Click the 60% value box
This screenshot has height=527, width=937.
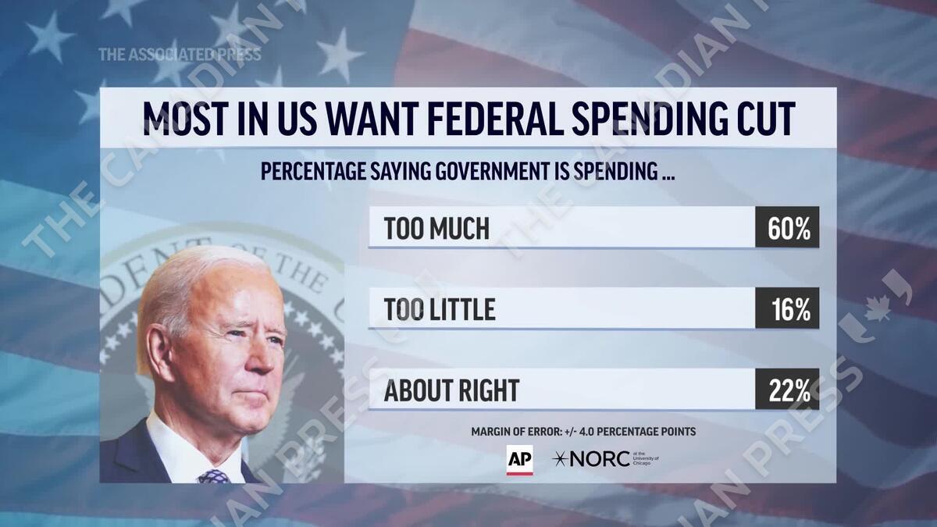click(x=787, y=227)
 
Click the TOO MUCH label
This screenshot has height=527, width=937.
click(x=436, y=228)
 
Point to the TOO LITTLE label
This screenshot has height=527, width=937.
click(x=440, y=309)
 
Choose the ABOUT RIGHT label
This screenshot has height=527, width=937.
click(x=451, y=390)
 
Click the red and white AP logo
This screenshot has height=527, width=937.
click(x=519, y=459)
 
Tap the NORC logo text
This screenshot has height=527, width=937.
click(x=600, y=459)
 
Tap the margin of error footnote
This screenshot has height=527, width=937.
click(x=583, y=432)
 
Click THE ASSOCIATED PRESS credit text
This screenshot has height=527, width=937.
click(x=179, y=54)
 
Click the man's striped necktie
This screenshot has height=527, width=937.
click(x=213, y=475)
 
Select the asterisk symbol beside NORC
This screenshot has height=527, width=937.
click(x=560, y=459)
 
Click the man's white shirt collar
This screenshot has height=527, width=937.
click(x=176, y=449)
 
